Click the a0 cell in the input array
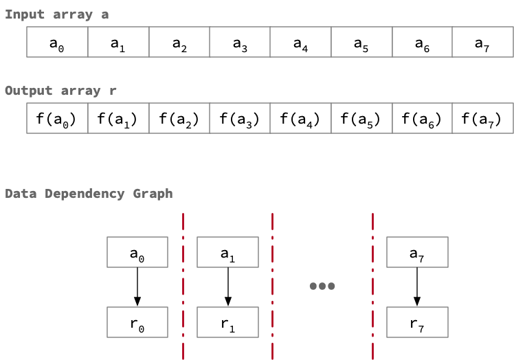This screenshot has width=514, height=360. click(57, 43)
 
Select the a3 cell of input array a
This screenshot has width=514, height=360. click(240, 43)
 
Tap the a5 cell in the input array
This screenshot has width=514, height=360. click(361, 43)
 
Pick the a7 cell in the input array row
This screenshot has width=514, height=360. click(482, 43)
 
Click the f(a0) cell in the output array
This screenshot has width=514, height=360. click(57, 118)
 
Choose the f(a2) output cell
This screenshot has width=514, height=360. click(179, 118)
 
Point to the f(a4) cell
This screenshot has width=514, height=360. click(300, 118)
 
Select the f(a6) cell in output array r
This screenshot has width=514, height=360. click(422, 118)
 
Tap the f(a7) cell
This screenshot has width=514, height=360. click(482, 118)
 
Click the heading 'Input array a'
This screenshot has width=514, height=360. click(56, 14)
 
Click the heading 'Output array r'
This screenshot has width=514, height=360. click(60, 91)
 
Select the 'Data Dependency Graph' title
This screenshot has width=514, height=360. click(89, 194)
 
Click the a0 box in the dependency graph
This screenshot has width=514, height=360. click(137, 252)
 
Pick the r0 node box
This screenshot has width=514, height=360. click(137, 322)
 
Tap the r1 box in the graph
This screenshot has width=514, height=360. click(227, 322)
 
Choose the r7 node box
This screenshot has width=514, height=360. click(417, 322)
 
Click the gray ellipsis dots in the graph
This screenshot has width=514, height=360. click(322, 286)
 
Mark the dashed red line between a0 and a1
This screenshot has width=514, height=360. click(183, 286)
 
